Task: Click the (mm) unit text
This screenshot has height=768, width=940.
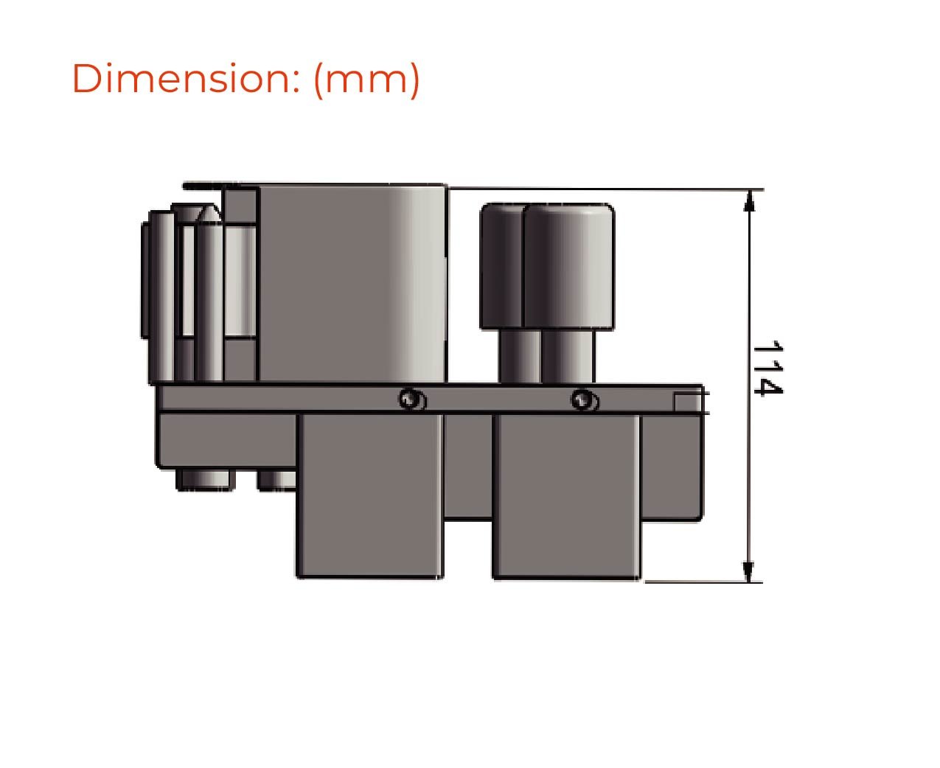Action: coord(366,78)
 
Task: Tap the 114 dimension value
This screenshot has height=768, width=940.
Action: coord(767,368)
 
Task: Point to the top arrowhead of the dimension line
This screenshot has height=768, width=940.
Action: coord(749,200)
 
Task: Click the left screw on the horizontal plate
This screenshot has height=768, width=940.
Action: coord(411,399)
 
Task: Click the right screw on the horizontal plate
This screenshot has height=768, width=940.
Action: coord(584,399)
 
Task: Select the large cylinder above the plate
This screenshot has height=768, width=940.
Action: coord(352,284)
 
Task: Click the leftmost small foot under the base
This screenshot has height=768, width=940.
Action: coord(206,480)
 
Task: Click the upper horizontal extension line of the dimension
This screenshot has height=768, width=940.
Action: coord(605,189)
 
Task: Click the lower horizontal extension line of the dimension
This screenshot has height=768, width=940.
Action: coord(700,582)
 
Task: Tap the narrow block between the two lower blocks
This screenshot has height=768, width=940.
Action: coord(467,464)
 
